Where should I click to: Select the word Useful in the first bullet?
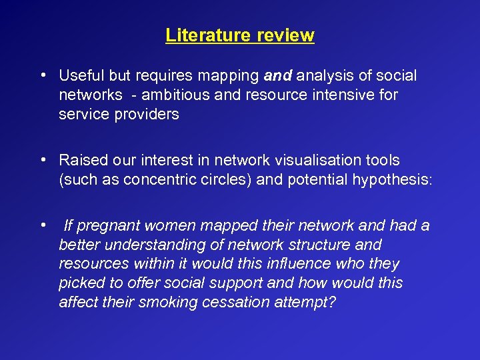[x=81, y=76]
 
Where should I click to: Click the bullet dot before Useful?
[x=43, y=76]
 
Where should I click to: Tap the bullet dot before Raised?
[x=43, y=160]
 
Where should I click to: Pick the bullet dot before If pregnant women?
[x=43, y=226]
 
